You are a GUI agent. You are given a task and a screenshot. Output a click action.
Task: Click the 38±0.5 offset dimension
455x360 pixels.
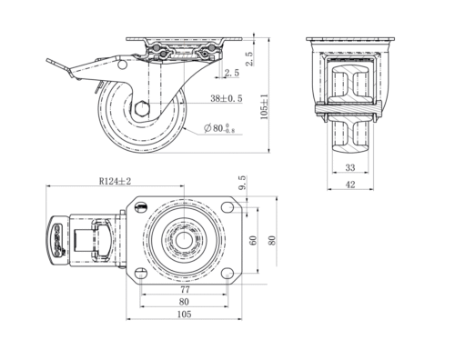pos(227,98)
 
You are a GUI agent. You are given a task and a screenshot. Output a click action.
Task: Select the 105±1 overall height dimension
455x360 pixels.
pos(265,106)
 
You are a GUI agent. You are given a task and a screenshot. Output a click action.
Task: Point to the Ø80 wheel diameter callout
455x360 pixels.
pos(219,128)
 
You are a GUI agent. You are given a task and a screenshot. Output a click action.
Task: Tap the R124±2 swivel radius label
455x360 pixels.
pos(115,181)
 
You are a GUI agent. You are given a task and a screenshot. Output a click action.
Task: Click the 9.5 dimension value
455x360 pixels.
pos(243,183)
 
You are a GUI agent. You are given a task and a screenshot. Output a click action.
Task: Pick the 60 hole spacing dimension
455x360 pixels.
pos(253,240)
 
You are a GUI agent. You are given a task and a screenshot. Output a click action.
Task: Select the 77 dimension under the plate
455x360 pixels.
pos(185,290)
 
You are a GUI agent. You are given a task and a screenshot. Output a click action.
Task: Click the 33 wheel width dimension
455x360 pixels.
pos(350,167)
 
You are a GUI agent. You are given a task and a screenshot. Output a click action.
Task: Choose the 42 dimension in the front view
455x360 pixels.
pos(350,185)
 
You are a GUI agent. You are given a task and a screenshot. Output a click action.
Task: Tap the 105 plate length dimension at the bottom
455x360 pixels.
pos(184,315)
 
